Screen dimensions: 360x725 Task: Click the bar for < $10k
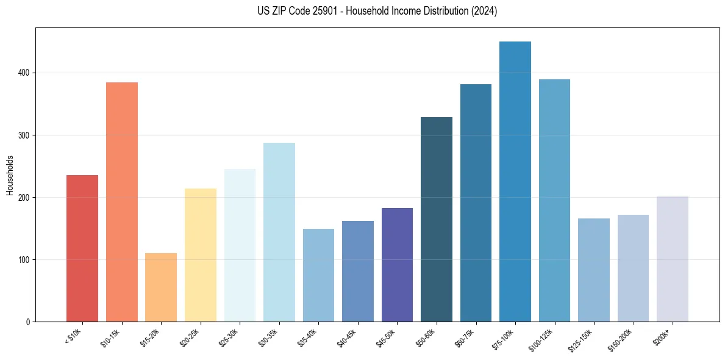click(x=82, y=248)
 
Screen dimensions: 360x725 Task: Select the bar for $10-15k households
click(x=121, y=202)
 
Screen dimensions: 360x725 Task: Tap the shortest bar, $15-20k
click(x=161, y=287)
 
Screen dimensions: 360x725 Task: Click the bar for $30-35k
click(x=279, y=232)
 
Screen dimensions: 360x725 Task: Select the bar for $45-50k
click(x=397, y=265)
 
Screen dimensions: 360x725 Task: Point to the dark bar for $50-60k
click(x=437, y=220)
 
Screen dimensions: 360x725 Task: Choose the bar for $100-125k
click(x=554, y=201)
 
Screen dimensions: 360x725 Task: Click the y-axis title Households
click(x=10, y=175)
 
